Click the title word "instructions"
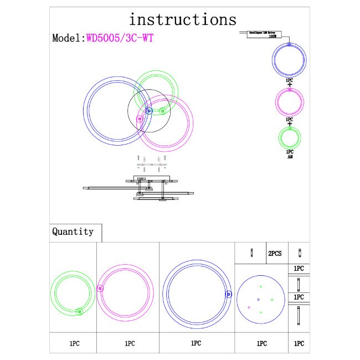click(182, 20)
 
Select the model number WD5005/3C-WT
click(119, 38)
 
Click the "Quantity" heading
click(73, 232)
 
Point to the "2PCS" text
click(275, 254)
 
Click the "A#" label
click(289, 157)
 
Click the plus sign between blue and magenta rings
click(290, 85)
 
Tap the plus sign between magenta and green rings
click(290, 123)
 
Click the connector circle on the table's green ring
click(80, 312)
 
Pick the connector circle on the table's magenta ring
click(100, 288)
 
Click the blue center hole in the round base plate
click(258, 300)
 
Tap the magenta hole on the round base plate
click(249, 307)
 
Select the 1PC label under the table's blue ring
click(196, 343)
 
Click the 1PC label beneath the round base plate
click(261, 343)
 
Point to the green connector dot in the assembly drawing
click(162, 111)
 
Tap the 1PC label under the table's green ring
click(74, 343)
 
